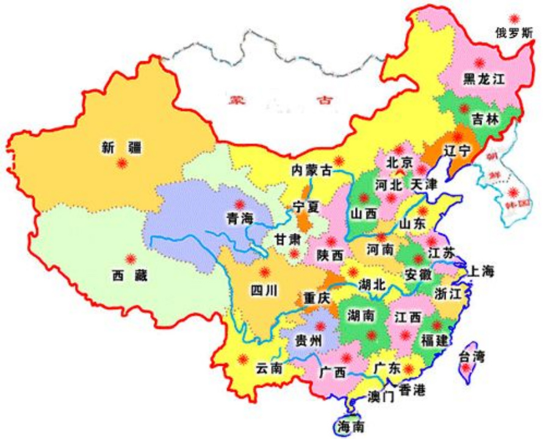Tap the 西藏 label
tap(129, 276)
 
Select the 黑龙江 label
tap(483, 79)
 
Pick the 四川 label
tap(264, 290)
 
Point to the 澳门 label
tap(381, 396)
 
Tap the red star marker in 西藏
tap(130, 258)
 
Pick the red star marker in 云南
tap(243, 359)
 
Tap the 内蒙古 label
tap(311, 170)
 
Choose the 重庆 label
tap(316, 298)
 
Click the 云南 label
tap(269, 368)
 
